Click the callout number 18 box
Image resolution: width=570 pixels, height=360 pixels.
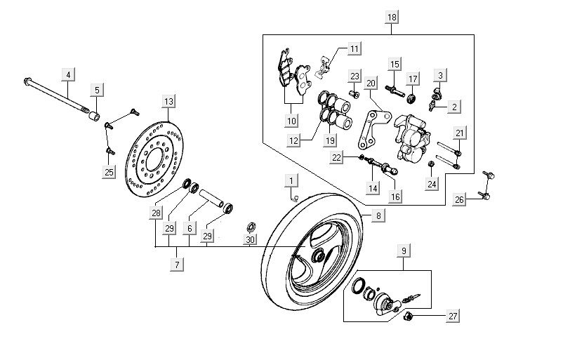[391, 16]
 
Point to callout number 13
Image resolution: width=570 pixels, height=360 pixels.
[167, 102]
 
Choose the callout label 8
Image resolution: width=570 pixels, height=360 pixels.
[378, 216]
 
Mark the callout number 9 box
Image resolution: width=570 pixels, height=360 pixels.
[404, 251]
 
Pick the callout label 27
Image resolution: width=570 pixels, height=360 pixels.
[453, 316]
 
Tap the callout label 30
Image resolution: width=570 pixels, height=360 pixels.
[250, 239]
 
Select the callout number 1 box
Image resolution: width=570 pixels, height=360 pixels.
[289, 182]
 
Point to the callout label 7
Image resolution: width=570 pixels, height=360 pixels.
[176, 265]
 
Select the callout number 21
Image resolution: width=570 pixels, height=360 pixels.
[458, 133]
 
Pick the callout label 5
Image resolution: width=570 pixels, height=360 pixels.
[96, 90]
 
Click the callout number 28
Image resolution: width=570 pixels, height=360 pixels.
[155, 213]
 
